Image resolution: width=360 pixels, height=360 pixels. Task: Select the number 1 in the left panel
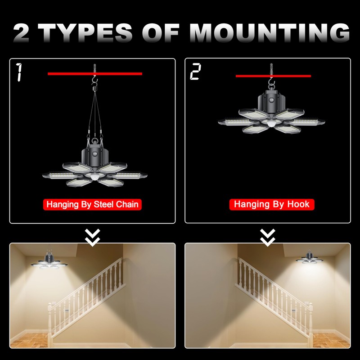click(x=19, y=72)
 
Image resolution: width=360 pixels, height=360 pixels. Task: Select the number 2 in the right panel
click(x=195, y=72)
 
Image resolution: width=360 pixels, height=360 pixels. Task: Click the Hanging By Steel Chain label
click(x=93, y=204)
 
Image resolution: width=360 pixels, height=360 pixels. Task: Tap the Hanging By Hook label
click(x=271, y=204)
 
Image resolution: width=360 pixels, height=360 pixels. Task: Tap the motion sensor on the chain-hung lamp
click(x=95, y=178)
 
